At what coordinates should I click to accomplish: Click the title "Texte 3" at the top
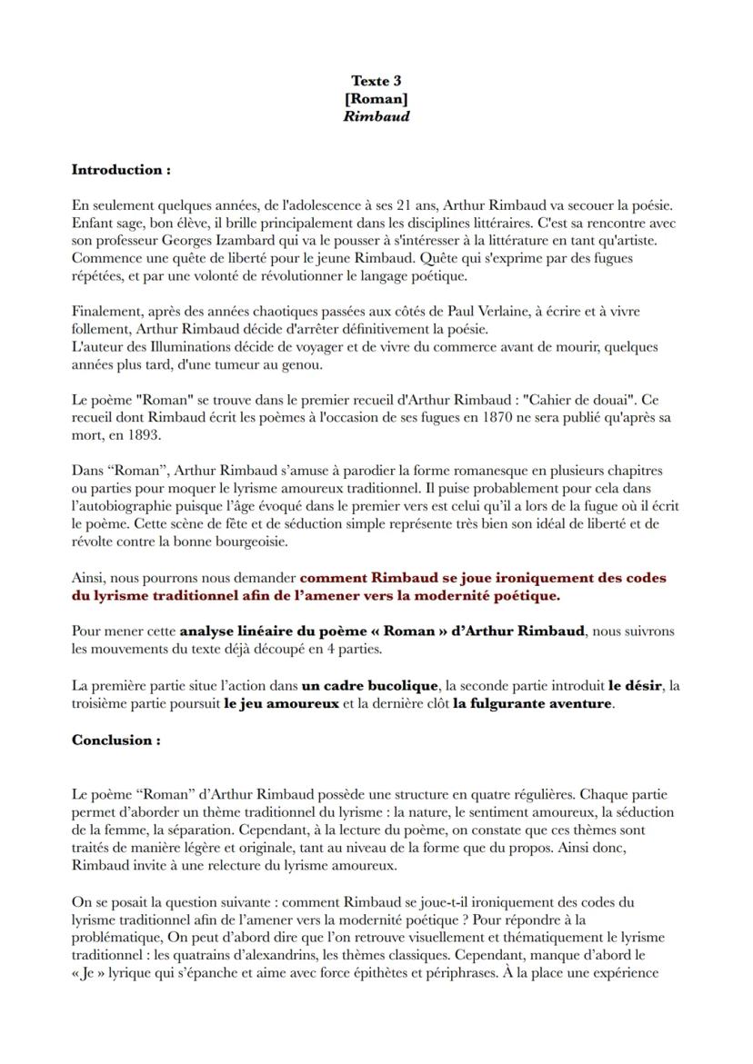[376, 81]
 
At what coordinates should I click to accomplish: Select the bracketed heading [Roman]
[376, 98]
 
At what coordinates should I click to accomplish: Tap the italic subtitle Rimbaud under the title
[376, 116]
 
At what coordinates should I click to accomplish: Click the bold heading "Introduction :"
[121, 169]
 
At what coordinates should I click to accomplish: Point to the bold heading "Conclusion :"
[116, 740]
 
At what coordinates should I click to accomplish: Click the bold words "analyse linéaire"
[237, 631]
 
